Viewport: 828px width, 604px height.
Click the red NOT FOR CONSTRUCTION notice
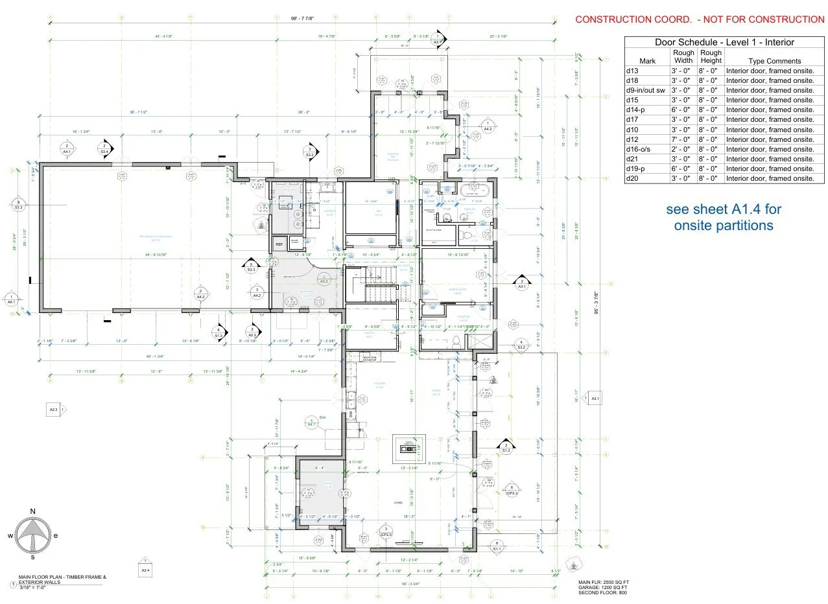click(700, 19)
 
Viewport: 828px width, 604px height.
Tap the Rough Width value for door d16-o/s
click(683, 149)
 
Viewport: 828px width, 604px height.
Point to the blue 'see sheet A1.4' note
click(723, 218)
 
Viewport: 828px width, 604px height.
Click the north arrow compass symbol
click(32, 536)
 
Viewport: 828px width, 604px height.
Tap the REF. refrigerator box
click(279, 244)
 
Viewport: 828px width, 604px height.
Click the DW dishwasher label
click(350, 415)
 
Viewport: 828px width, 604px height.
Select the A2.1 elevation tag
click(593, 399)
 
